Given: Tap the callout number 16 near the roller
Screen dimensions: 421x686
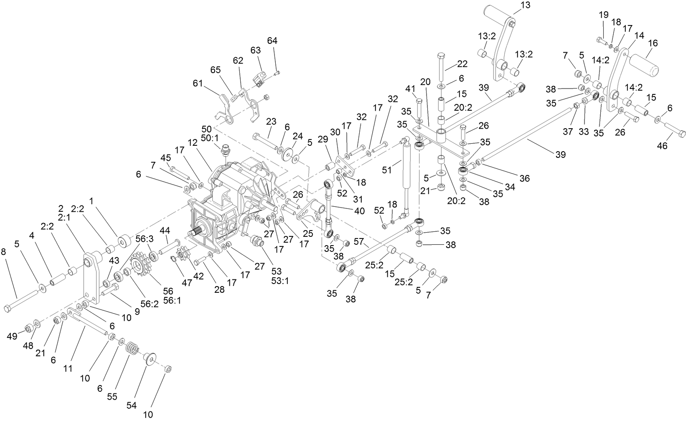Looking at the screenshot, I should (x=653, y=43).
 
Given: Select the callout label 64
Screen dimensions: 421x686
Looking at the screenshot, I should (x=272, y=41).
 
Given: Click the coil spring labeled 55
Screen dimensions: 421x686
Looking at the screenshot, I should (x=132, y=348).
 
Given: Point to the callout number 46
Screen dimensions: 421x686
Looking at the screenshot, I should (x=662, y=146).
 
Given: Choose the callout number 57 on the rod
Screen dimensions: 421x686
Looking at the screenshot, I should (x=358, y=241).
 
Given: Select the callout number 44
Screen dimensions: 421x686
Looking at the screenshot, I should (x=165, y=230).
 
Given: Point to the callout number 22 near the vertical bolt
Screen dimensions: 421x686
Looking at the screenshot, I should (x=462, y=64).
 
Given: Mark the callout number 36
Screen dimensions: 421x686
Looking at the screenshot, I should (x=525, y=178).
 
